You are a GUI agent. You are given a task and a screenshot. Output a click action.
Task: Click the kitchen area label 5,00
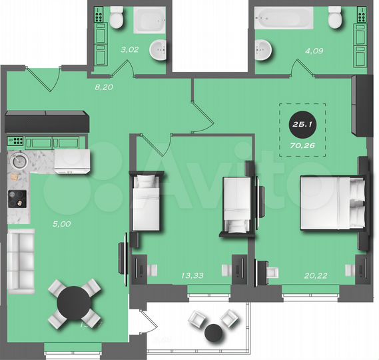61,224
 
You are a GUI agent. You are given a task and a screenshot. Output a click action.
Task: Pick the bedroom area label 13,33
192,274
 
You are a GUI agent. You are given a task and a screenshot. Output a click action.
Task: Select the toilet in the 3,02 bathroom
118,18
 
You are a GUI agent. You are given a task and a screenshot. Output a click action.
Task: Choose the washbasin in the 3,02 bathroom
158,49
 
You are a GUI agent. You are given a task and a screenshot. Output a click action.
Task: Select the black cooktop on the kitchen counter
17,198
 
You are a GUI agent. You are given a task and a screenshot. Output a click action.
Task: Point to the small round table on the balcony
213,331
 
